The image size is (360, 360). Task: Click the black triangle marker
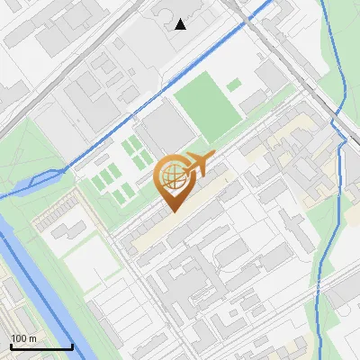click(181, 24)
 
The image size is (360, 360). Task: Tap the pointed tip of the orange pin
click(172, 211)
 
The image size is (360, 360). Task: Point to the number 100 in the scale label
click(19, 338)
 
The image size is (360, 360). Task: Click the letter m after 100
click(32, 338)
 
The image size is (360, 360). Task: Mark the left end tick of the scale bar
click(10, 346)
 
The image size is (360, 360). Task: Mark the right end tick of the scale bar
click(72, 346)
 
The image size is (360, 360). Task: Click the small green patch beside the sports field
click(234, 85)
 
